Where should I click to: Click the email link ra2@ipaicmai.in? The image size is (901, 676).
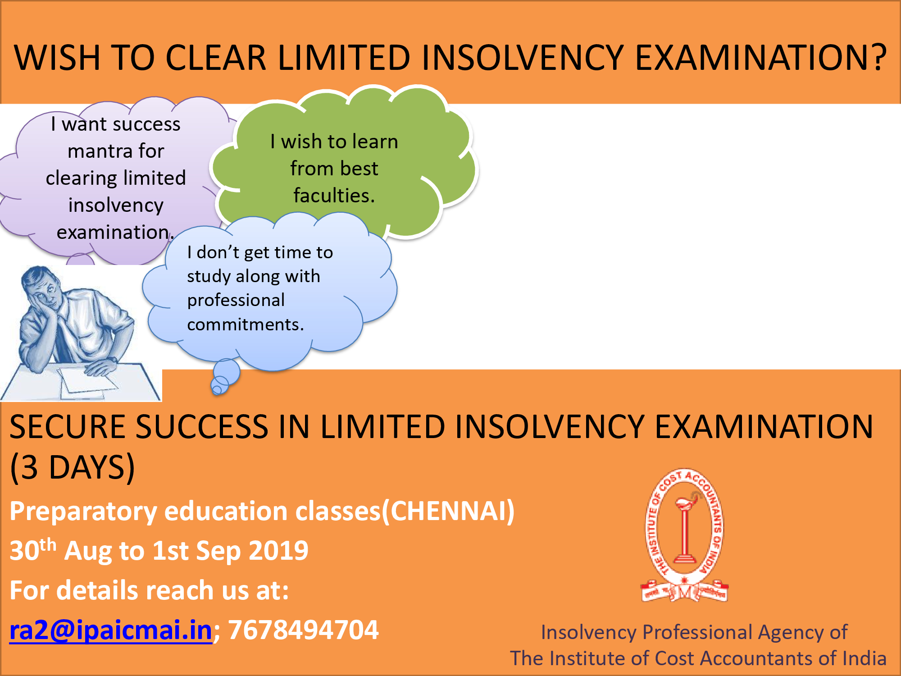pos(111,630)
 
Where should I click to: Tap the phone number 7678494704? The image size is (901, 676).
pos(303,630)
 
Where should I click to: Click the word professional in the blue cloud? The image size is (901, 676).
pos(236,300)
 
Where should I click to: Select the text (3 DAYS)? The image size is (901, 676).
pos(72,467)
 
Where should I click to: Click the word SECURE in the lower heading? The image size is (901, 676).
pos(68,426)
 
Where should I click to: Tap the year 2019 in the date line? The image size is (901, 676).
pos(278,550)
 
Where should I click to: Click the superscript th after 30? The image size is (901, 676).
pos(48,544)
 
